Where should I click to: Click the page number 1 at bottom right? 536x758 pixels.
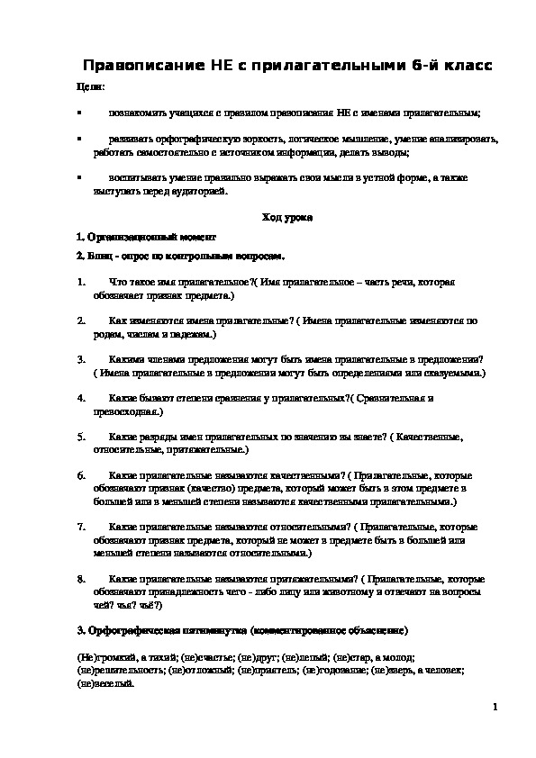pos(495,708)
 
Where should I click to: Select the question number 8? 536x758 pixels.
pos(81,577)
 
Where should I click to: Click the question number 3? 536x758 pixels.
pos(81,358)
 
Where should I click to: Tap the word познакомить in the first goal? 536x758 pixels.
pos(136,114)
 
